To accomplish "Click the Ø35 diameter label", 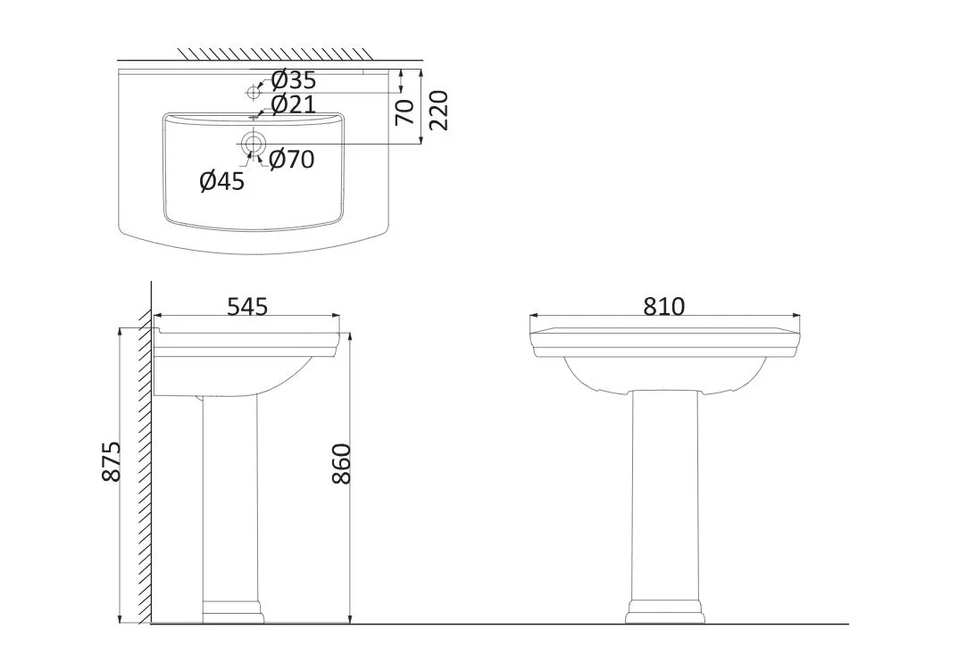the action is tap(293, 80).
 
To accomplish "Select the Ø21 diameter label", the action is tap(293, 105).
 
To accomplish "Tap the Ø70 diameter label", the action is tap(291, 160).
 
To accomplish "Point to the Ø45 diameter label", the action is tap(221, 181).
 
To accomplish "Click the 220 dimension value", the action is tap(438, 111).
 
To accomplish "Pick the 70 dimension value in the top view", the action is tap(405, 112).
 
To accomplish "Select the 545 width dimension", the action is tap(247, 307).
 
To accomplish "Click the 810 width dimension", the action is tap(664, 306).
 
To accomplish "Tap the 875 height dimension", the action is tap(112, 461).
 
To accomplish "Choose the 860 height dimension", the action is tap(342, 464).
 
